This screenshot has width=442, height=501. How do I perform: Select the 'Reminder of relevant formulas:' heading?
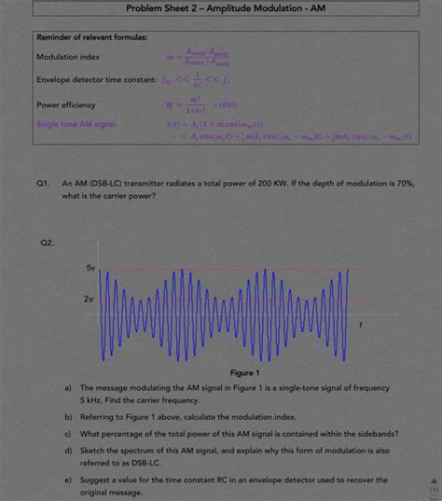click(x=90, y=37)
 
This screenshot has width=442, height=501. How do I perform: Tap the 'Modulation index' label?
click(x=68, y=57)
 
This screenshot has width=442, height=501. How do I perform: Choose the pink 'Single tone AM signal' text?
click(x=81, y=123)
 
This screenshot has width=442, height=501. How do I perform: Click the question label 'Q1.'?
click(x=44, y=185)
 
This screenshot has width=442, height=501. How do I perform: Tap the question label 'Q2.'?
click(x=47, y=243)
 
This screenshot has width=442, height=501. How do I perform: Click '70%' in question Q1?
click(x=403, y=185)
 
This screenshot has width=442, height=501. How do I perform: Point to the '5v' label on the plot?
click(x=90, y=268)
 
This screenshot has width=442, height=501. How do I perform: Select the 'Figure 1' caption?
click(x=221, y=372)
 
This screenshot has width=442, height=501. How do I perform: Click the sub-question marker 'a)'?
click(x=68, y=387)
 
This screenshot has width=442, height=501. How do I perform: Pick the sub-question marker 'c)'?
click(x=68, y=434)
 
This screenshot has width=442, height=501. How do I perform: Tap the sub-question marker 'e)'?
click(x=68, y=480)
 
